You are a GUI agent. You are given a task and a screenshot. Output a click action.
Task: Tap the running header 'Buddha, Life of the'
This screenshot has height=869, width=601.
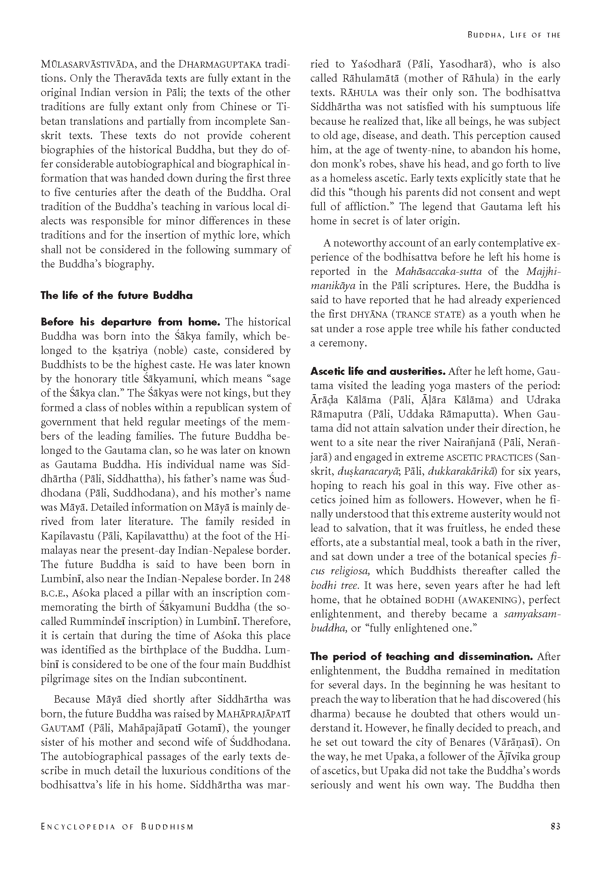pyautogui.click(x=514, y=35)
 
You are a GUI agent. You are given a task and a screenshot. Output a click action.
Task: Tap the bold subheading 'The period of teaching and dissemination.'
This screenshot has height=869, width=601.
pyautogui.click(x=421, y=656)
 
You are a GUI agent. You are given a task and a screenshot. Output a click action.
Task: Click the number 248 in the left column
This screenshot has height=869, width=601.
pyautogui.click(x=282, y=579)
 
